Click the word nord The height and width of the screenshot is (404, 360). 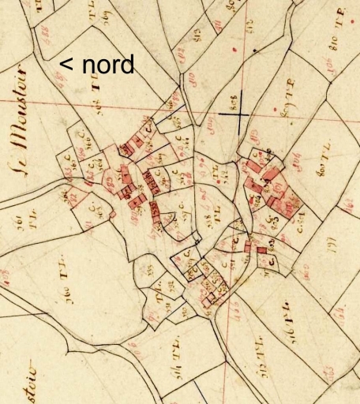(108, 64)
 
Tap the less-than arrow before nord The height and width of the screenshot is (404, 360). (67, 65)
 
